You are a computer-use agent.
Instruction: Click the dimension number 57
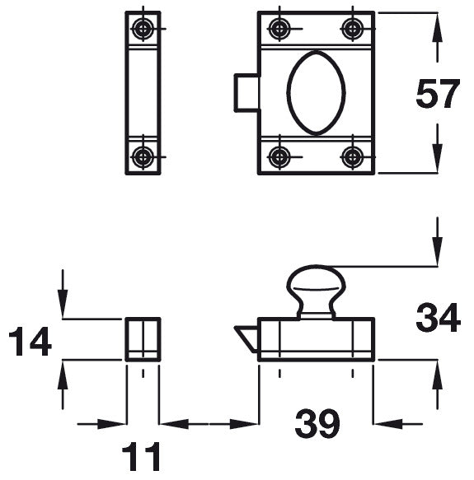[x=438, y=93]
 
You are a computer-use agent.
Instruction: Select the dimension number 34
[x=438, y=317]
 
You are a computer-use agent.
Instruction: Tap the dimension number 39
[x=317, y=423]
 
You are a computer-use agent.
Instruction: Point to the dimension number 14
[x=30, y=341]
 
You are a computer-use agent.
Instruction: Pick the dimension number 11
[x=141, y=456]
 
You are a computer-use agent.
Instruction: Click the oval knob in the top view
[x=316, y=93]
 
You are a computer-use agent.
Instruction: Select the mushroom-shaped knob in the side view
[x=316, y=291]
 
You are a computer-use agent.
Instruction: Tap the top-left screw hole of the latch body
[x=279, y=29]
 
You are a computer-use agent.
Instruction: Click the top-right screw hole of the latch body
[x=353, y=29]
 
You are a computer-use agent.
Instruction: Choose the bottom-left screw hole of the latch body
[x=279, y=157]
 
